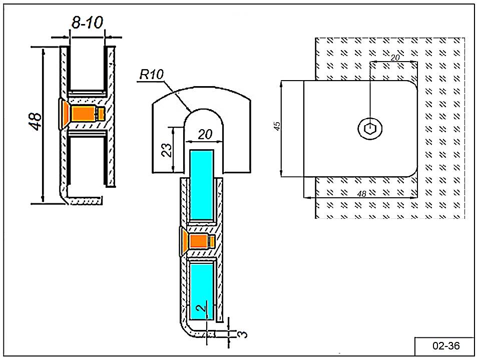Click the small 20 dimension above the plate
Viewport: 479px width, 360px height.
pos(394,58)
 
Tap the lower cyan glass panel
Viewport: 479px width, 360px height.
pos(202,290)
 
